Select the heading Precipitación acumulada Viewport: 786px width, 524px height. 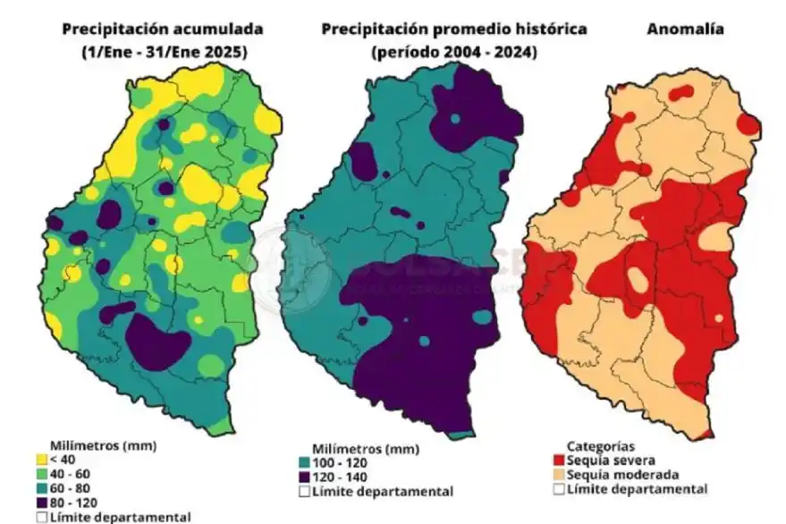pos(155,30)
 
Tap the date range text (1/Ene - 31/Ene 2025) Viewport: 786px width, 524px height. pos(155,52)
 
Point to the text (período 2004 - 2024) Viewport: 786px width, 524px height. pos(453,52)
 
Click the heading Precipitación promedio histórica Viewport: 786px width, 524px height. pos(453,30)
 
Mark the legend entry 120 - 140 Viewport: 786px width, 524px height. pos(337,477)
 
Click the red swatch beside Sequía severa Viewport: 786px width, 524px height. pos(559,461)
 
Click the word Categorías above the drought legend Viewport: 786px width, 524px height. pos(600,446)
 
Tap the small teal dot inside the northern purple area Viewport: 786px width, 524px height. pos(455,118)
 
